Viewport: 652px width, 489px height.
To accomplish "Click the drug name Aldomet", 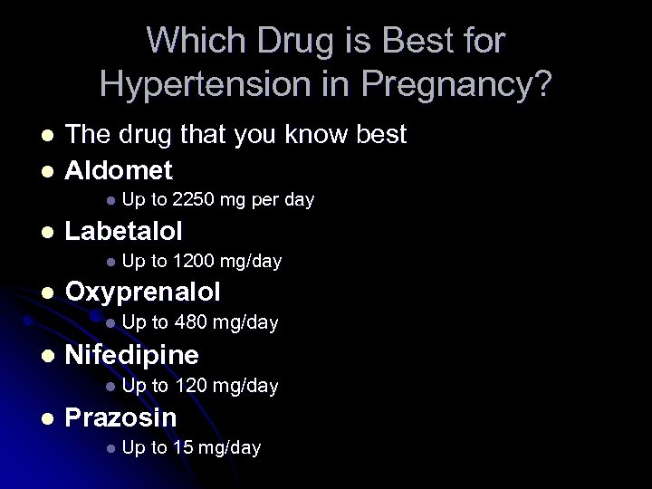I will point(119,169).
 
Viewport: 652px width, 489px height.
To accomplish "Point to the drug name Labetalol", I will point(124,231).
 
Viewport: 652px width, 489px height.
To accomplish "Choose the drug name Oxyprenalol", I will point(143,292).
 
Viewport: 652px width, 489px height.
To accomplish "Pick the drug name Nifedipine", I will point(132,355).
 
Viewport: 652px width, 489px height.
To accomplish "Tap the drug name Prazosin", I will point(121,417).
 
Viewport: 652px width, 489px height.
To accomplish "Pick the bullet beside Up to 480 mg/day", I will point(109,324).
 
